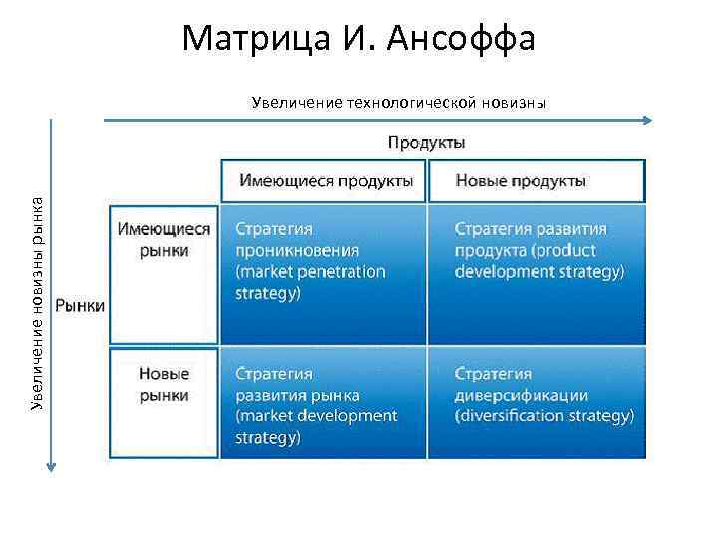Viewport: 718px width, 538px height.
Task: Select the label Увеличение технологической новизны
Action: (x=399, y=102)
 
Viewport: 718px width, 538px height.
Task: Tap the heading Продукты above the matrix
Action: (x=426, y=143)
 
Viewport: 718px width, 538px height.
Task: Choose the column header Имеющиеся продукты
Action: (x=325, y=181)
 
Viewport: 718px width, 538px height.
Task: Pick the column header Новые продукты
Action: (x=521, y=181)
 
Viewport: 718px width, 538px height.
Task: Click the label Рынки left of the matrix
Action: (x=80, y=306)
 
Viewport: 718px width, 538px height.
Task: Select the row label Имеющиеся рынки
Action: (x=164, y=239)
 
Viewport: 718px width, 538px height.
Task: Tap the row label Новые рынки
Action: (x=164, y=385)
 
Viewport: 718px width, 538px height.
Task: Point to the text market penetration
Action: (x=311, y=271)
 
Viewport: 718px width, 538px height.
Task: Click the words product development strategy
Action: (x=539, y=260)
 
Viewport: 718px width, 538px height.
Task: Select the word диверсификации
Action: (x=522, y=395)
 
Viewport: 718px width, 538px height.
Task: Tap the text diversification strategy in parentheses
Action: (x=543, y=416)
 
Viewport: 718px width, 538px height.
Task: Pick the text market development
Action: (x=316, y=416)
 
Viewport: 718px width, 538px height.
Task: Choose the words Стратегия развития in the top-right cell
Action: (x=531, y=229)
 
